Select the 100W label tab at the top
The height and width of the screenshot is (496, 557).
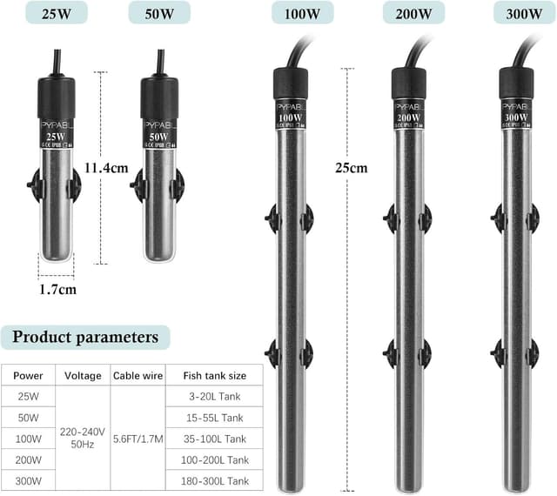(x=290, y=13)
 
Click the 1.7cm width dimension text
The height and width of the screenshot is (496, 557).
(x=57, y=288)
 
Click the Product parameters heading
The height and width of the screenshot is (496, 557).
(x=85, y=337)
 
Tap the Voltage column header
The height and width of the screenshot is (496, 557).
(x=83, y=376)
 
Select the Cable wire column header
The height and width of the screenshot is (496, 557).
(x=137, y=376)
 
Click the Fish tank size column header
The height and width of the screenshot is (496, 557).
(x=214, y=376)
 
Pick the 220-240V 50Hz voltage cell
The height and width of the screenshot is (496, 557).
(x=83, y=438)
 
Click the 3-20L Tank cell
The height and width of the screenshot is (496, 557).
(x=214, y=397)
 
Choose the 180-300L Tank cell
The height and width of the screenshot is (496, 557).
(x=214, y=480)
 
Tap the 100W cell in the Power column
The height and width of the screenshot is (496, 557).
(x=27, y=439)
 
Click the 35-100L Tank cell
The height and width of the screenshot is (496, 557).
(x=214, y=439)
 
